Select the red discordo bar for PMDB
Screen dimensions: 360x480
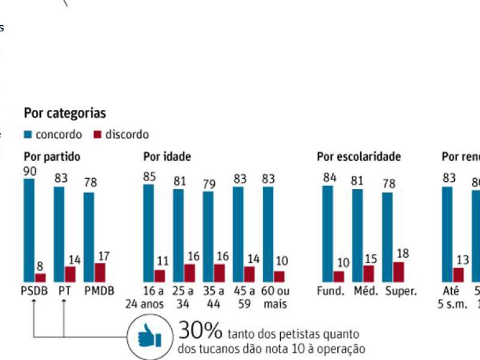tap(100, 272)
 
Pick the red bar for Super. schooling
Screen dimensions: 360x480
tap(398, 272)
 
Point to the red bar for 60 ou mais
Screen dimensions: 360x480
tap(279, 276)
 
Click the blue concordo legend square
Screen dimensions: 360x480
tap(28, 135)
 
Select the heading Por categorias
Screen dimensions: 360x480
tap(65, 113)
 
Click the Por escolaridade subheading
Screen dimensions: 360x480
tap(359, 157)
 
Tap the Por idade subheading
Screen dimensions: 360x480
tap(167, 157)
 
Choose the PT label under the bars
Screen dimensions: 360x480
tap(64, 291)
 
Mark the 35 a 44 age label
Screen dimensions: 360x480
tap(214, 297)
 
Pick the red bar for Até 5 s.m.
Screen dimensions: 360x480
tap(458, 274)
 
